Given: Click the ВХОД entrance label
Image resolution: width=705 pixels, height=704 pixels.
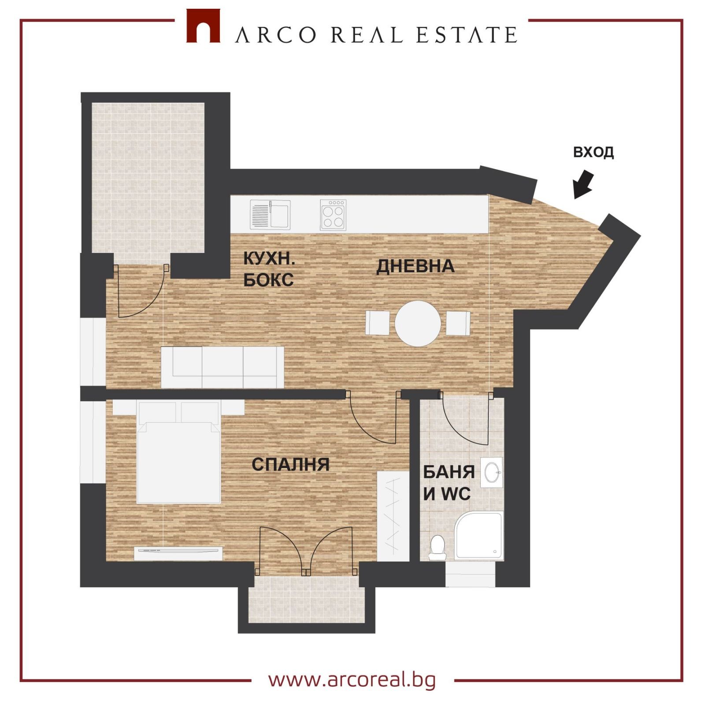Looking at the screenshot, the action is point(593,152).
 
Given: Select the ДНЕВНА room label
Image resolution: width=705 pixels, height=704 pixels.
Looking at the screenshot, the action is point(415,267).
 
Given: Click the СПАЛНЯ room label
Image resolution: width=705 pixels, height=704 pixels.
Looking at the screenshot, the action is point(290,464).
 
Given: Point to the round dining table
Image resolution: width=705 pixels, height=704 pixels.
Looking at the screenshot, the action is point(418,323).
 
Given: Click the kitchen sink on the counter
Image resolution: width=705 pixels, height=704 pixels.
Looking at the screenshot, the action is point(271,215).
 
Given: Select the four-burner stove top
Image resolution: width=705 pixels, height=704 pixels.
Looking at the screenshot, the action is point(333,215).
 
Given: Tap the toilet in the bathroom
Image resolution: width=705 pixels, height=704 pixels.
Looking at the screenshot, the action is point(437,548).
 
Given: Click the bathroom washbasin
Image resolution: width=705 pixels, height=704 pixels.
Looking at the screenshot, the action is point(491,472).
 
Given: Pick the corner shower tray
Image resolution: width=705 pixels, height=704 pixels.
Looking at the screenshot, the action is point(479,536).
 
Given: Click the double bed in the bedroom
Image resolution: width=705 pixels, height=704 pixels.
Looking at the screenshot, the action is point(178,452).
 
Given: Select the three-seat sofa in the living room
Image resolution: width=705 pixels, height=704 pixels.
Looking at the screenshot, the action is point(223,367).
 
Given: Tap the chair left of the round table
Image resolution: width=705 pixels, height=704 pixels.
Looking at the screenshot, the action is point(378,323).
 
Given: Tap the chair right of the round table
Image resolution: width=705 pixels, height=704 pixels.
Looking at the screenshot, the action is point(458,323).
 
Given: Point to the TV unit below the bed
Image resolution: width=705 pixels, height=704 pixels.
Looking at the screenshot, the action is point(178,553).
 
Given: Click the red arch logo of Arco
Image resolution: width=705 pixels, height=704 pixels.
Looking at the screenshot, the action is point(203,26).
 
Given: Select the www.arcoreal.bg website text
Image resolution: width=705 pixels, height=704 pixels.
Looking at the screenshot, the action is point(352,680).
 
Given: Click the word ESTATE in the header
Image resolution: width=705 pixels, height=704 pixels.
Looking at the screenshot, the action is point(467,35).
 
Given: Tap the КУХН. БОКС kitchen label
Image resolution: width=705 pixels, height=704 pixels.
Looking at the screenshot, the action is point(269,269).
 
